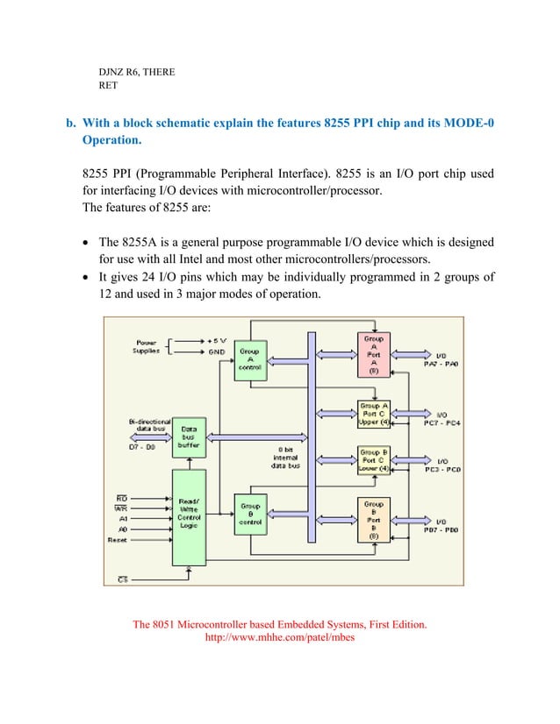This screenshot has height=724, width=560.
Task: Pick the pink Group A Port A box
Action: point(373,353)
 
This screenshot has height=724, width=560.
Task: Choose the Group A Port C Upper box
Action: point(373,413)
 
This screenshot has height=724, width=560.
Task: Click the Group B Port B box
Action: point(373,520)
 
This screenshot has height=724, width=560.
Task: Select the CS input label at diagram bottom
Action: point(123,579)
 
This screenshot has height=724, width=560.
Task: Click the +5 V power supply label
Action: point(216,339)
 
